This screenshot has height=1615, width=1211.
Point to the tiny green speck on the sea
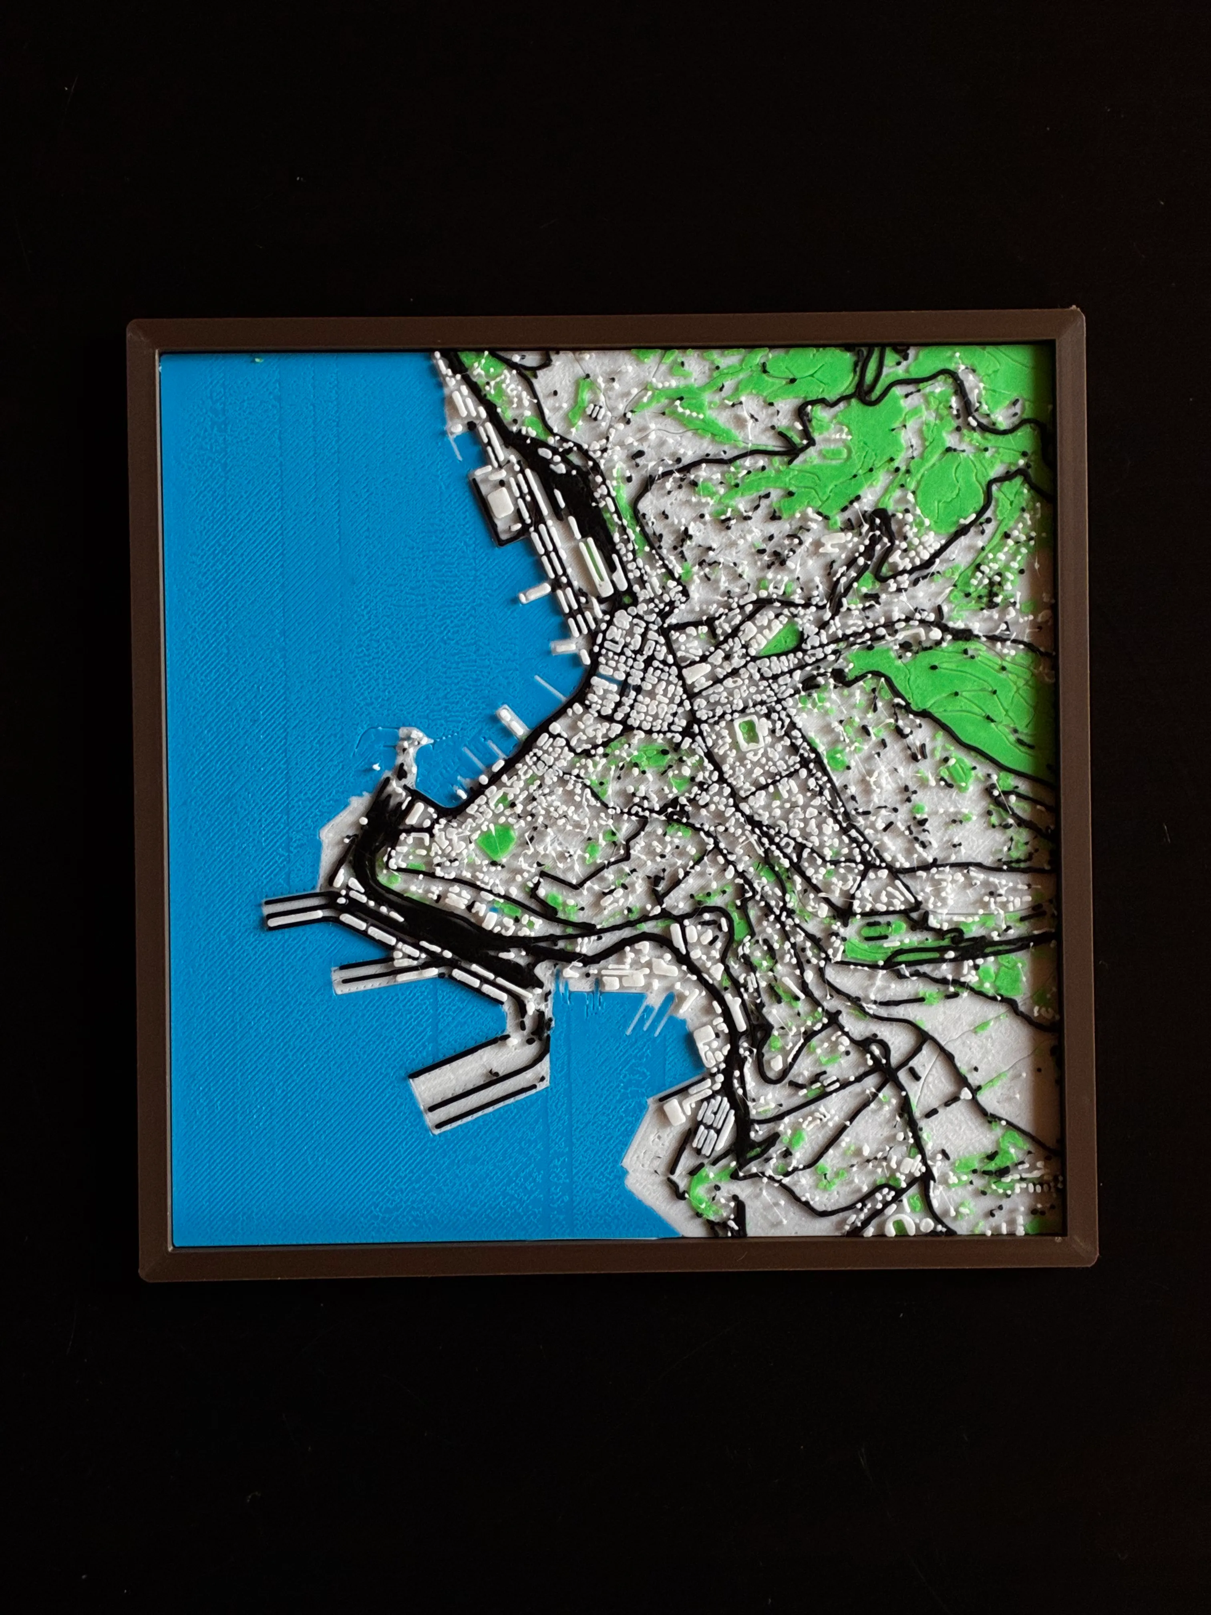[257, 360]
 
